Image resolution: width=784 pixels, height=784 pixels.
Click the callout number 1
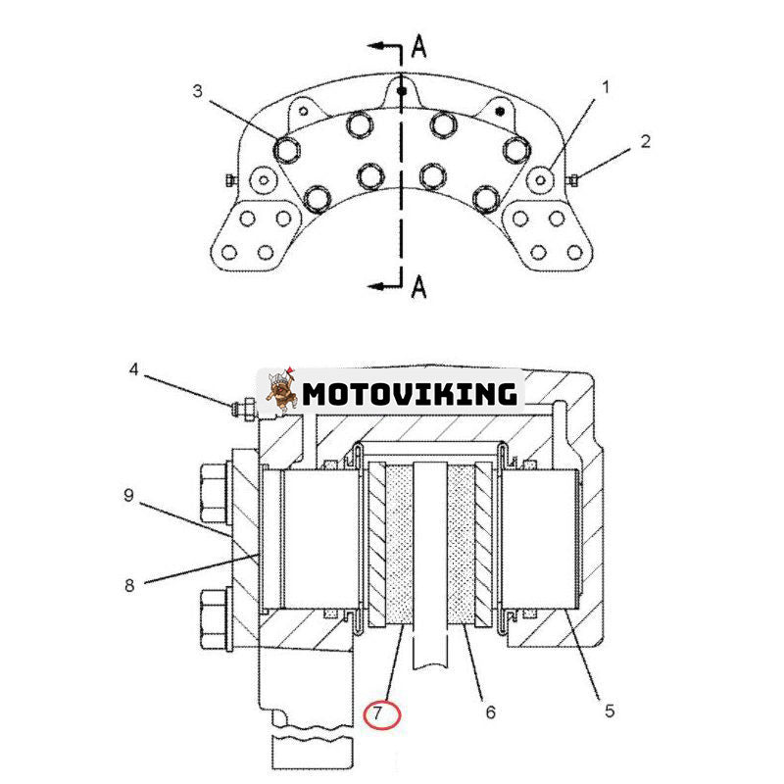606,87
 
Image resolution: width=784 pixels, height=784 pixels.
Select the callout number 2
646,141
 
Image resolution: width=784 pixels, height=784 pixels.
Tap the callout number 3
198,91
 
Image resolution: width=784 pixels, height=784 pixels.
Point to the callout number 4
133,370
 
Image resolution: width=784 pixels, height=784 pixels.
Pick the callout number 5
610,710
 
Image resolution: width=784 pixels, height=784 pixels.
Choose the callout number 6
491,712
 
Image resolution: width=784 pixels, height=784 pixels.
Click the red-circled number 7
377,712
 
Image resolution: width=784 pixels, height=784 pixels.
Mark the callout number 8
129,585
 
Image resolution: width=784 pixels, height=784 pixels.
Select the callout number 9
129,496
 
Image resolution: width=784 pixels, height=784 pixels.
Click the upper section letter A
419,46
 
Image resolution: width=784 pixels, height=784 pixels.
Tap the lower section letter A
419,286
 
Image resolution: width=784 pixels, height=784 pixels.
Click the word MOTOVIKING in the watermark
410,394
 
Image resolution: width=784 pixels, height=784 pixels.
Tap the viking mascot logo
281,390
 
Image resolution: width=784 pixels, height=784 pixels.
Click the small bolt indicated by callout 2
573,179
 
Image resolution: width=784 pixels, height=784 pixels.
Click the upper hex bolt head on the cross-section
215,494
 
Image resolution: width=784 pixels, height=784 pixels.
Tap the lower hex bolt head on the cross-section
215,619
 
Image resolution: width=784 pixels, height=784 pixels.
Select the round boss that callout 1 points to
541,179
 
